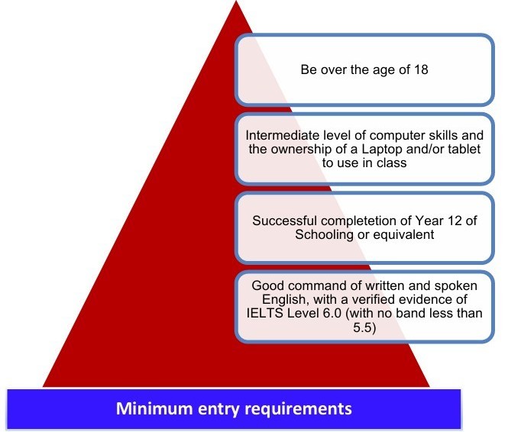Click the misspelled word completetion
(356, 221)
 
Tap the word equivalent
(398, 234)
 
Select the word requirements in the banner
(301, 408)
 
